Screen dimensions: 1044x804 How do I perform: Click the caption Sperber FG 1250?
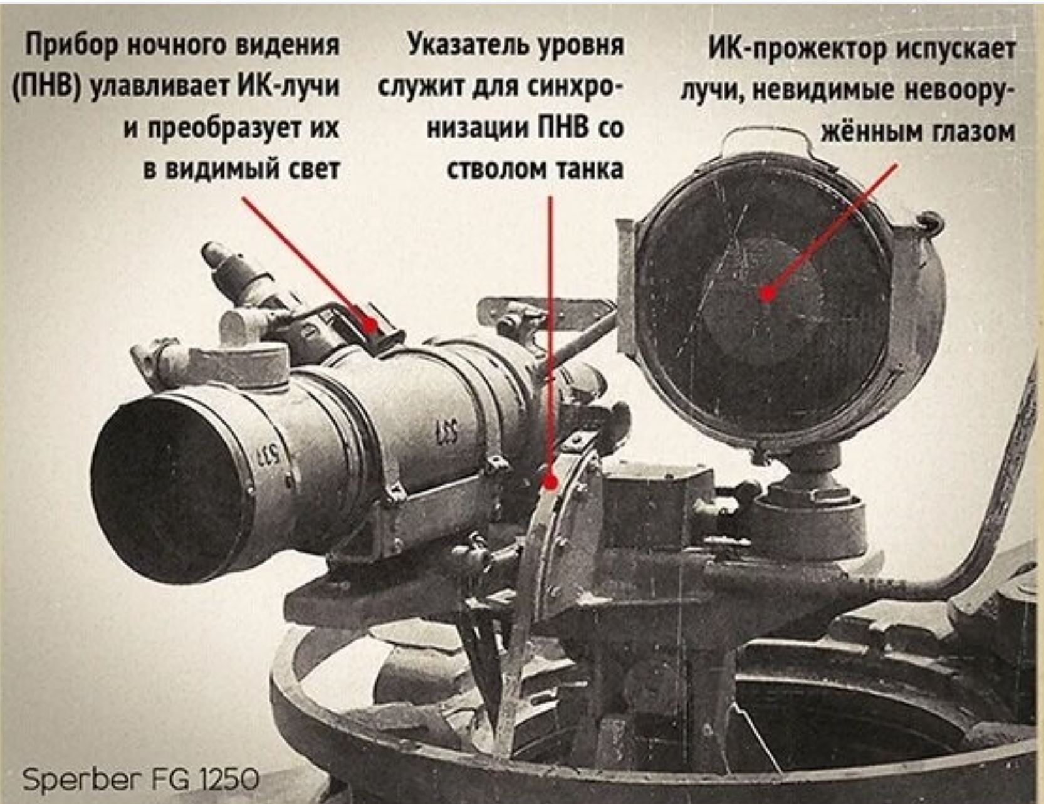pos(140,780)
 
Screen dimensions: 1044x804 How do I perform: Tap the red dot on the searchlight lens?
pos(767,293)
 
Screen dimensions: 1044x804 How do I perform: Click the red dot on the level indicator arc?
pos(550,483)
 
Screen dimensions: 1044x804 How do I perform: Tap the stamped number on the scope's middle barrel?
pos(446,432)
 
